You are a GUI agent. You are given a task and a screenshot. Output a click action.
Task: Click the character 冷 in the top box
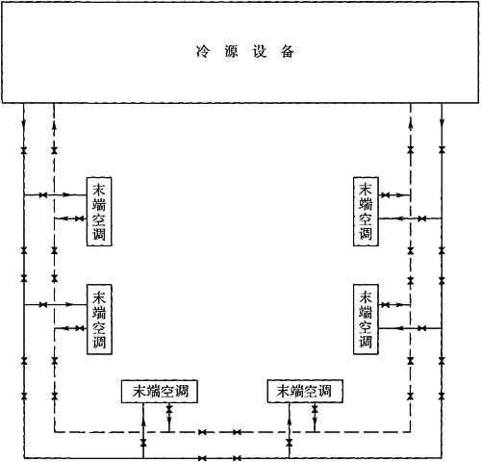(x=202, y=51)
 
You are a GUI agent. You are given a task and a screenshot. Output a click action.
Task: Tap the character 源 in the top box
(x=231, y=51)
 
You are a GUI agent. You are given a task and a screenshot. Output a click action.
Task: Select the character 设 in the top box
(x=260, y=51)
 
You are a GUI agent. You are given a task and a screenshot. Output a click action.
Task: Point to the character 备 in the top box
(x=288, y=51)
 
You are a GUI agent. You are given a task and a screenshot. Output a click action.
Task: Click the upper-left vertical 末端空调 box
(x=99, y=212)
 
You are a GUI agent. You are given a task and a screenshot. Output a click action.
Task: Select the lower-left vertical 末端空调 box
(x=99, y=320)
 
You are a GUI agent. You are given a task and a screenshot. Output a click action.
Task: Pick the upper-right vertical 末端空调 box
(x=366, y=212)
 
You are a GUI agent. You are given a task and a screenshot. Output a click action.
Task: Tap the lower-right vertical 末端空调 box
(x=366, y=320)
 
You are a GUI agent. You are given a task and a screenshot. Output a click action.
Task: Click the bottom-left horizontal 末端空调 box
(x=160, y=391)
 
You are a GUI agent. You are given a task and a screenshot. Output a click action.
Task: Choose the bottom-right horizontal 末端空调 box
(x=305, y=391)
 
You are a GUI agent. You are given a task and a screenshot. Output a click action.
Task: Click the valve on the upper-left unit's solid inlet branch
(x=43, y=194)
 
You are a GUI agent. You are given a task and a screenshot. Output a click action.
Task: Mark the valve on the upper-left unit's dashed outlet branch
(x=79, y=218)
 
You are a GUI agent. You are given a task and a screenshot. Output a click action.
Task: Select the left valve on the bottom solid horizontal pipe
(x=202, y=458)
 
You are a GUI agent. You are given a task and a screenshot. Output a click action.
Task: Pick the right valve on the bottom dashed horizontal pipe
(x=237, y=432)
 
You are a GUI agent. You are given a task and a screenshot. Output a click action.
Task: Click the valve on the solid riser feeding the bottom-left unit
(x=143, y=443)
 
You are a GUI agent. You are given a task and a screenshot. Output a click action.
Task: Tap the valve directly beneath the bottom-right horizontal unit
(x=315, y=408)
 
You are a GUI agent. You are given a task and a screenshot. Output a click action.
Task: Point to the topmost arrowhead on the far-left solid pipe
(x=24, y=123)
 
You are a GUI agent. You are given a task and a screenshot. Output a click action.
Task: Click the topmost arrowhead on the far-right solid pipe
(x=442, y=123)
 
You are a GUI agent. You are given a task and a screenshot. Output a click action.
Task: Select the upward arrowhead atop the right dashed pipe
(x=411, y=125)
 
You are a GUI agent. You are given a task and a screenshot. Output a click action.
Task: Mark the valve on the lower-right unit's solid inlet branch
(x=422, y=328)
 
